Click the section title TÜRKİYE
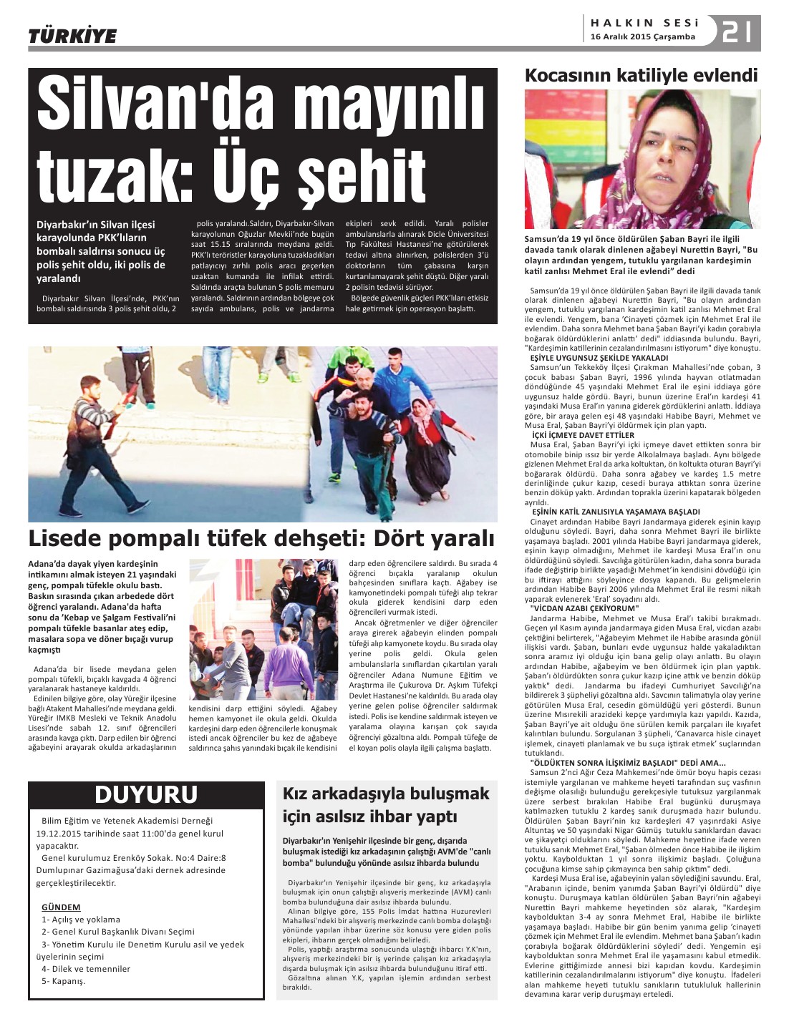[x=72, y=36]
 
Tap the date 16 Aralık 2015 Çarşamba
[x=642, y=37]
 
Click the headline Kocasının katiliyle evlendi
[x=641, y=76]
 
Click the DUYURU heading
[x=145, y=794]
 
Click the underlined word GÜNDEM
[x=61, y=907]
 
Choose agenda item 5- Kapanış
[x=64, y=980]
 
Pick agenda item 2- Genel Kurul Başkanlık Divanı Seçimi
[x=118, y=931]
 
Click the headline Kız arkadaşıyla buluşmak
[x=386, y=794]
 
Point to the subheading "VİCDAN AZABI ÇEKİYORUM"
[x=584, y=608]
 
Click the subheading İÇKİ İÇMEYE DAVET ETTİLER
[x=582, y=434]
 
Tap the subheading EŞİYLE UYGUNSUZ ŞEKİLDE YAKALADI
[x=598, y=357]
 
